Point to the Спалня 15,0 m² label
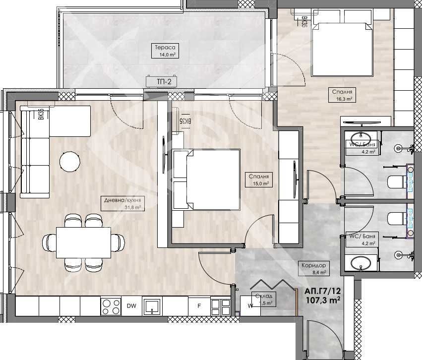click(x=259, y=180)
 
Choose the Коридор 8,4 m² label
click(x=313, y=268)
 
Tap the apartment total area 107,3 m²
click(x=323, y=300)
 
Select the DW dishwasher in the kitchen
click(x=131, y=306)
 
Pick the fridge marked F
click(x=199, y=306)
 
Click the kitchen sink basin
click(x=152, y=306)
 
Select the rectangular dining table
click(x=83, y=242)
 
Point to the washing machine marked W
click(x=250, y=305)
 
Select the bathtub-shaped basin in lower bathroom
click(x=361, y=263)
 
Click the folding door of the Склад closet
click(x=270, y=286)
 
